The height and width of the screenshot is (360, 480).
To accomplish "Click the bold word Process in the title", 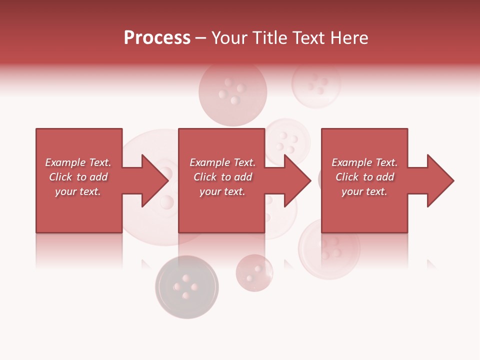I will pos(157,38).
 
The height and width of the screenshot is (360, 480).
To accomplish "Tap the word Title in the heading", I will pos(270,38).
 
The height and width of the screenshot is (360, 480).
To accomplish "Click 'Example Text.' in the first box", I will pos(78,162).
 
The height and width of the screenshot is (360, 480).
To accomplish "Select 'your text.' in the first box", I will pos(78,191).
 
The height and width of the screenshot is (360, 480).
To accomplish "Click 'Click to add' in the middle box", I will pos(222,177).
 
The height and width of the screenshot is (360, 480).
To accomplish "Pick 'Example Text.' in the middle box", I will pos(222,162).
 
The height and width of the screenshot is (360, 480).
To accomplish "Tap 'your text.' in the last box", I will pos(364,191).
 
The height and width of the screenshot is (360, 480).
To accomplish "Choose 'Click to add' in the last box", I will pos(364,177).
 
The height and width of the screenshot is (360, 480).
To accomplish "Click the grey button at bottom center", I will pos(186,287).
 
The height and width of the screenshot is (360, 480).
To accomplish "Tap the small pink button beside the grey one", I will pos(254,272).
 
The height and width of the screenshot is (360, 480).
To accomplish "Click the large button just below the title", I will pos(232,92).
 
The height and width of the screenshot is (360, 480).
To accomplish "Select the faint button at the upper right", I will pos(316,83).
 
